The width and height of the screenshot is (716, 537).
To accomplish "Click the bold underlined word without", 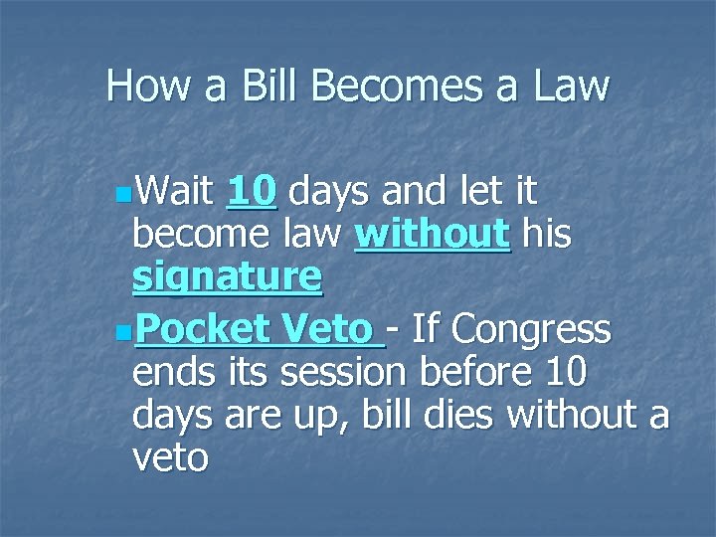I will coord(433,236).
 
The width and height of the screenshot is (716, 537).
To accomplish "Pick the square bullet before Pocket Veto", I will coord(120,329).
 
